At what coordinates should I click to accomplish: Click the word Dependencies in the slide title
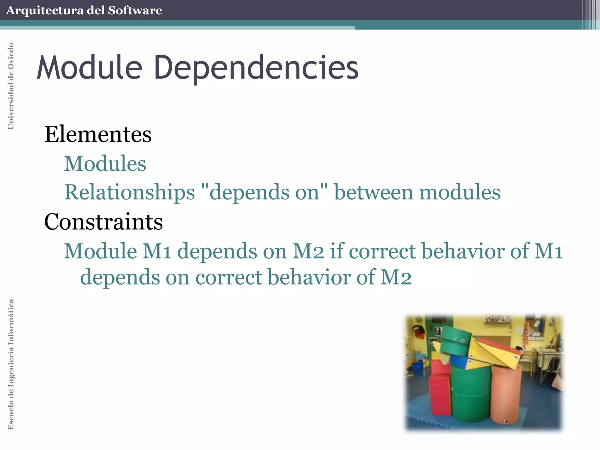point(256,68)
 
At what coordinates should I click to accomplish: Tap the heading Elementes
point(98,134)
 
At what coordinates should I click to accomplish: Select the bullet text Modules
point(105,163)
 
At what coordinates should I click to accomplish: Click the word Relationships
point(129,192)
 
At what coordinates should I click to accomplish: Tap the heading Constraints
point(103,222)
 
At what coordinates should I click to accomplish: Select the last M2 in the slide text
point(396,277)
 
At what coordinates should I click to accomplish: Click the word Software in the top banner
point(135,11)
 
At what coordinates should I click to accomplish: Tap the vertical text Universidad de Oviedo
point(11,86)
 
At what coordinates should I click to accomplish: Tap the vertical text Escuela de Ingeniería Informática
point(11,364)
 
